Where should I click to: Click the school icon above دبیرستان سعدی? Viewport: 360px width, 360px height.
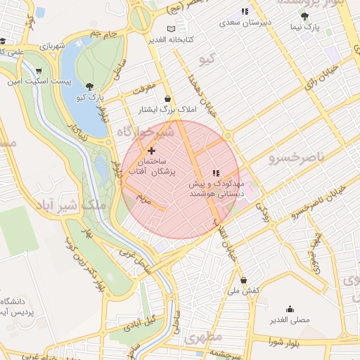pos(244,11)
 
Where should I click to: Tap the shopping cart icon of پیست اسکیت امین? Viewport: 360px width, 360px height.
pos(37,71)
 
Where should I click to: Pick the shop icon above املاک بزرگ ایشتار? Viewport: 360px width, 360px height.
pos(167,99)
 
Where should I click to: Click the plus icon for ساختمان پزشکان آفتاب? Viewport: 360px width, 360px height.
pos(151,150)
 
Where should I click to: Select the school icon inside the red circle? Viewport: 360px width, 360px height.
pos(216,172)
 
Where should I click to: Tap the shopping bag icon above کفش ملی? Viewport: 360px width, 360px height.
pos(243,280)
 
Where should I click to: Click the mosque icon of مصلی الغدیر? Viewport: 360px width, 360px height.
pos(290,309)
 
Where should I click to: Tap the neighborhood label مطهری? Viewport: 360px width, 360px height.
pos(203,338)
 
